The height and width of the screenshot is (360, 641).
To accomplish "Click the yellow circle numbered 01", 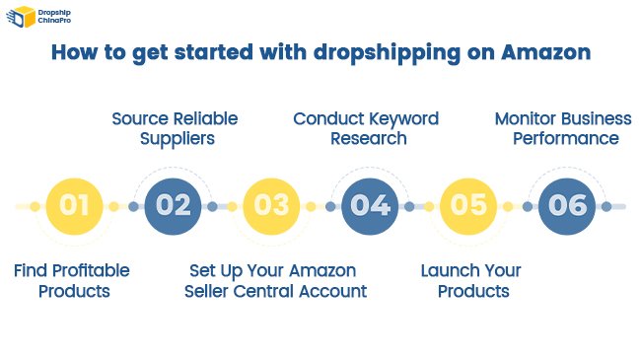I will pyautogui.click(x=74, y=206).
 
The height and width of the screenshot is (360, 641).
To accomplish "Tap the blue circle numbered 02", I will pyautogui.click(x=173, y=206).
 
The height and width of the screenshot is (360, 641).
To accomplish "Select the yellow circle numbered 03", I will pyautogui.click(x=271, y=206).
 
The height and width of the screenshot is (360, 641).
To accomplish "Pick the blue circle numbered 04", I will pyautogui.click(x=370, y=206).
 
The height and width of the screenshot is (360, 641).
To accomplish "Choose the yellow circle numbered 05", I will pyautogui.click(x=468, y=206).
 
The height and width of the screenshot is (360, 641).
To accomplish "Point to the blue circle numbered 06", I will pyautogui.click(x=567, y=206).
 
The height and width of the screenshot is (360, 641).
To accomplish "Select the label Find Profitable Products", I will pyautogui.click(x=71, y=281).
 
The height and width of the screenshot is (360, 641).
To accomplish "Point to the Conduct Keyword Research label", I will pyautogui.click(x=367, y=129).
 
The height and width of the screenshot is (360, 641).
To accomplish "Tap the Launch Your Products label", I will pyautogui.click(x=471, y=281).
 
